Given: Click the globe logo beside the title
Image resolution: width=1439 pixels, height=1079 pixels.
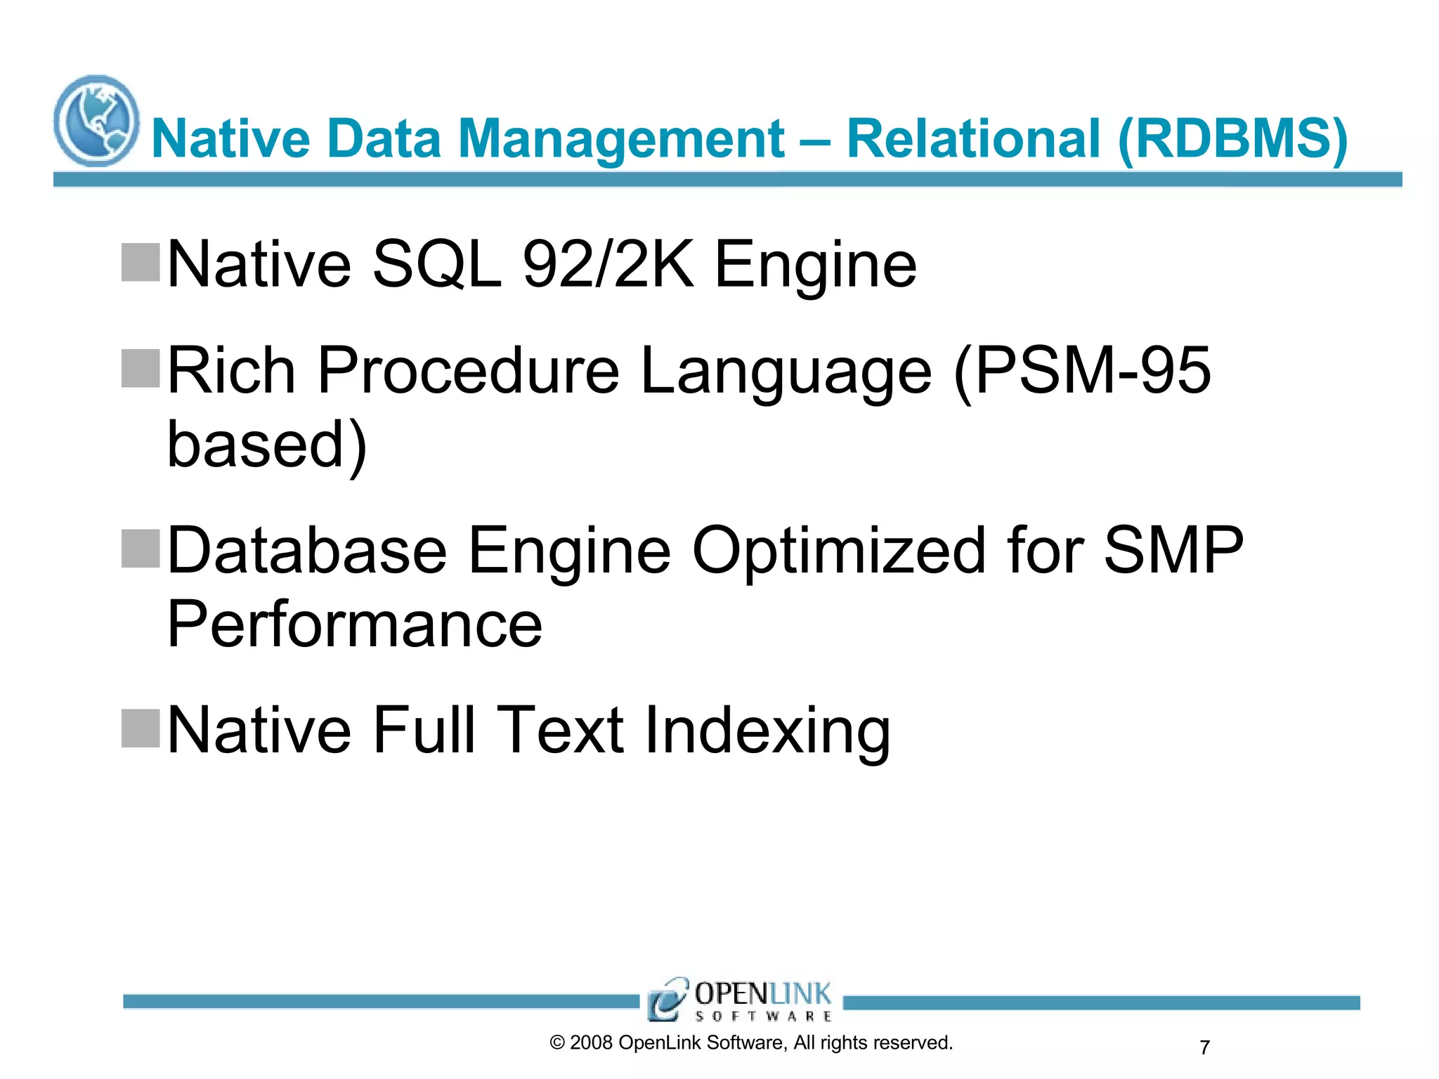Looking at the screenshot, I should (96, 121).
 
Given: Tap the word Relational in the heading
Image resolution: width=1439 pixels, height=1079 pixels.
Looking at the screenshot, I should (973, 139).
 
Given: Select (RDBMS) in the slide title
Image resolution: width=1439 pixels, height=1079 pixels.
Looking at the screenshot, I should (1232, 139).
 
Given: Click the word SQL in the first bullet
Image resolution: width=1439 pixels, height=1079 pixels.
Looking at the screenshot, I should (436, 265).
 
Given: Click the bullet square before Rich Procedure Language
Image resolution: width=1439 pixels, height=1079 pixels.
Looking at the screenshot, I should (141, 368).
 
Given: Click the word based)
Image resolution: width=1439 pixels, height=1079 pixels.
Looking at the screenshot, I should (267, 445).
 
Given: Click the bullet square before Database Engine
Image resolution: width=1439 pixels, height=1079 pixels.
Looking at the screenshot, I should (141, 548).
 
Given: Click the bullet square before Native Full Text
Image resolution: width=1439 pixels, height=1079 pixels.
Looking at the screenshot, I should (141, 728).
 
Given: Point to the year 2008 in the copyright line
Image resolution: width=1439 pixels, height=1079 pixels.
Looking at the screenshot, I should (591, 1043).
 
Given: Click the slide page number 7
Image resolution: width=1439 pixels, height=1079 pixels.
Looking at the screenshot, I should (1205, 1048).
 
